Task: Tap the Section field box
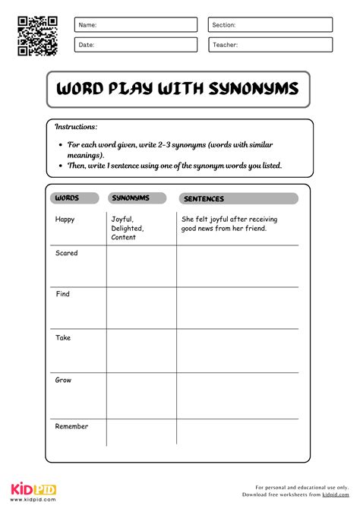[x=270, y=25]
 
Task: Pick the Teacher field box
[x=270, y=45]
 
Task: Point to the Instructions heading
[x=76, y=127]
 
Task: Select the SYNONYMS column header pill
[x=138, y=198]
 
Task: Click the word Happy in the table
[x=65, y=220]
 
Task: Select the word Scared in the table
[x=67, y=253]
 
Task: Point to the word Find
[x=63, y=294]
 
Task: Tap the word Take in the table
[x=63, y=337]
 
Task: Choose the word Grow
[x=63, y=380]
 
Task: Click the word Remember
[x=71, y=426]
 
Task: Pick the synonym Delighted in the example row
[x=128, y=228]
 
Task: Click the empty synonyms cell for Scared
[x=141, y=266]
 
